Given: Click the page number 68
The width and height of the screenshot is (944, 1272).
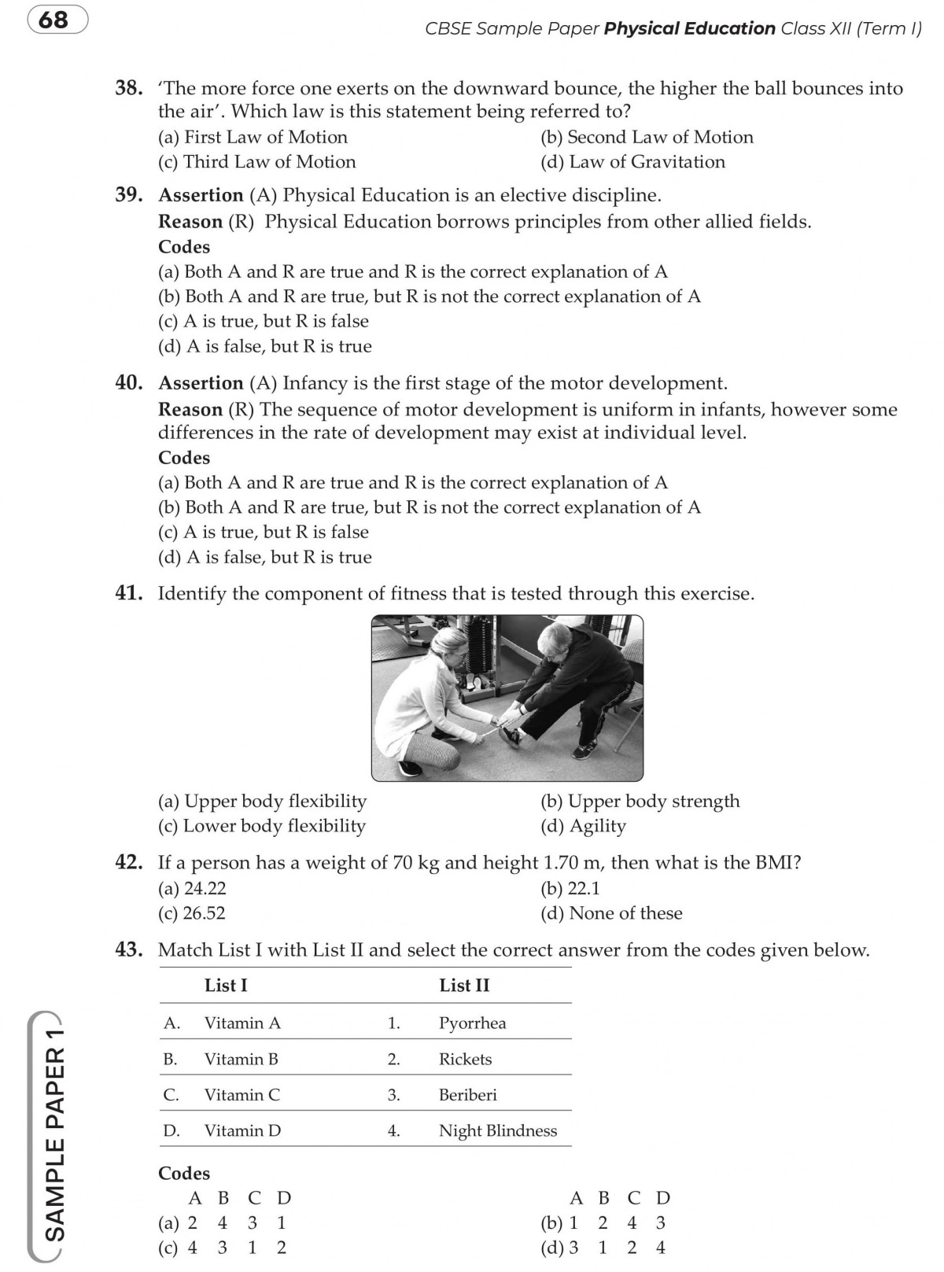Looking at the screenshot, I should pos(53,19).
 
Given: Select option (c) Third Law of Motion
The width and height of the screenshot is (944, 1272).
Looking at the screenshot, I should pos(257,162).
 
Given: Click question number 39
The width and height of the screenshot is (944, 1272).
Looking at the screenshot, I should pos(129,195).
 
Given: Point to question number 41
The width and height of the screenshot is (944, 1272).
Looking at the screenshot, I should pos(129,594).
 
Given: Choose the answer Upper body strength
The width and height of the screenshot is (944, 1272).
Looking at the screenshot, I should pos(640,802).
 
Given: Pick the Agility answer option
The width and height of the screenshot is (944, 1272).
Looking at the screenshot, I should pos(583,826).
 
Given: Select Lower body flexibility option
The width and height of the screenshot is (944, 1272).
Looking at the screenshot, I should pos(262,826).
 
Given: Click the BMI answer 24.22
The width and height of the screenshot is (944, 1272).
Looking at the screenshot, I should pos(193,889).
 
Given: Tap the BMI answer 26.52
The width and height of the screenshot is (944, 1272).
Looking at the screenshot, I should pos(192,913).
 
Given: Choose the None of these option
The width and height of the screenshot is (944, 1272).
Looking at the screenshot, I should pos(611,913).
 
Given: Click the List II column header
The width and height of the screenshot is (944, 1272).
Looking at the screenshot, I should pos(464,986).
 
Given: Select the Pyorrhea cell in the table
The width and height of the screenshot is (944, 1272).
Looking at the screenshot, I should pos(472,1023).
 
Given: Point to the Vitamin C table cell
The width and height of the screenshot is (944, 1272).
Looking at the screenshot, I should pos(242,1095).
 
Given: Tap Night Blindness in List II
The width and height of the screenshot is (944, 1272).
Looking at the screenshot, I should pos(497,1131).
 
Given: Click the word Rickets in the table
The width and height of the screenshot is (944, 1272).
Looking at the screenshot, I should pos(465,1060).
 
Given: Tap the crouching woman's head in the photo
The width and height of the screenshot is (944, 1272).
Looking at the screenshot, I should pos(444,641).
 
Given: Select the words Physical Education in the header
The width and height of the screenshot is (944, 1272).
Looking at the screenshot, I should pos(689,29).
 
